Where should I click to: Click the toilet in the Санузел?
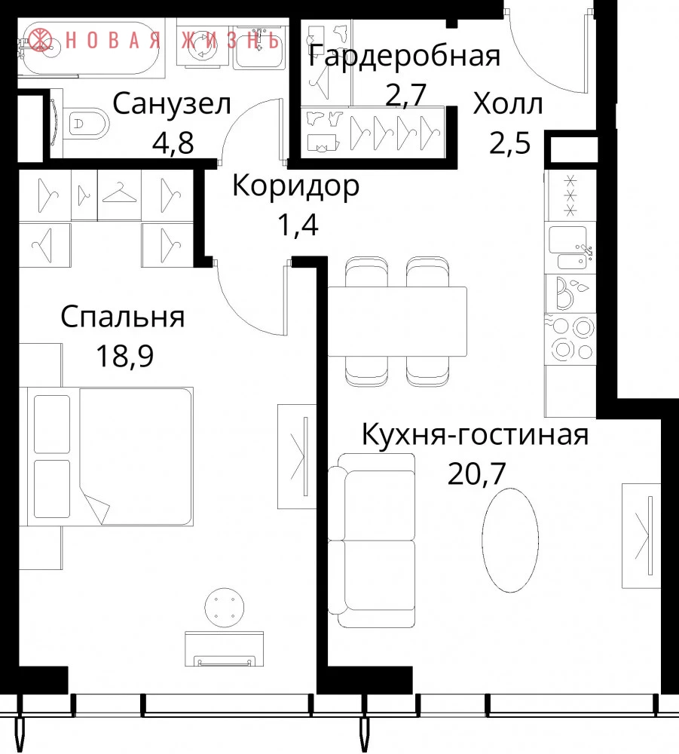click(87, 124)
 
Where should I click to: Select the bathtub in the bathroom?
click(91, 48)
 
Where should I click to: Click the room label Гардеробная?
click(404, 57)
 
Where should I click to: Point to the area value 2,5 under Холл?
click(510, 143)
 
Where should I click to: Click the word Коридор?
click(296, 186)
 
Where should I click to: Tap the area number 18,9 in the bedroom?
click(125, 357)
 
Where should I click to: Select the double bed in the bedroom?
click(111, 456)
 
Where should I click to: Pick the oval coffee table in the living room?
click(510, 540)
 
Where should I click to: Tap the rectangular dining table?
click(397, 321)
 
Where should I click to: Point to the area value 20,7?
click(476, 473)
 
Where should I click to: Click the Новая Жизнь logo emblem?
click(41, 40)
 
